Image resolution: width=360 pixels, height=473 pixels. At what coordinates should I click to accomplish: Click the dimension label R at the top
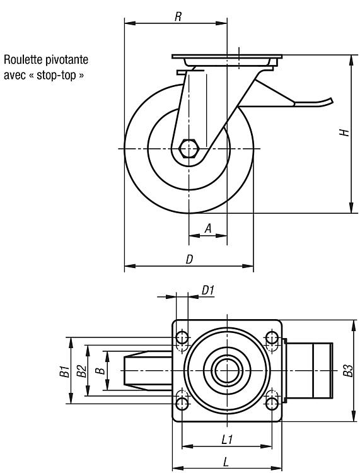pos(178,17)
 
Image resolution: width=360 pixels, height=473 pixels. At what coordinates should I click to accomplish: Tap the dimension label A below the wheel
pos(208,229)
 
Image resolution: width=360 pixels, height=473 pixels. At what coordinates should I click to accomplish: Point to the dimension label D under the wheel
pos(189,259)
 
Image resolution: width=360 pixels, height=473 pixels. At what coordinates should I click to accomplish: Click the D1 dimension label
pos(207,291)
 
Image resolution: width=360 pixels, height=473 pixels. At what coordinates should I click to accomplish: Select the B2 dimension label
pos(81,371)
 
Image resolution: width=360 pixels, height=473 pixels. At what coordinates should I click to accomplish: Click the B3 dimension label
pos(348,371)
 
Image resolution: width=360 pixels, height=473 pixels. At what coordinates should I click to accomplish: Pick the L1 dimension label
pos(227,440)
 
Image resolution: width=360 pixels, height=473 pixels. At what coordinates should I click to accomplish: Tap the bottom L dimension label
pos(226,461)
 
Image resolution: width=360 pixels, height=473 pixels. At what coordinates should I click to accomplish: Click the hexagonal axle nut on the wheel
pos(188,149)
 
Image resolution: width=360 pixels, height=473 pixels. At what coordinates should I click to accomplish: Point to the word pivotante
pos(67,60)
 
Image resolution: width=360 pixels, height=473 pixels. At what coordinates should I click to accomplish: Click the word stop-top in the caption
pos(56,76)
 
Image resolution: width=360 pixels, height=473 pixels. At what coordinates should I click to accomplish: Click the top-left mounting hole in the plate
pos(182,337)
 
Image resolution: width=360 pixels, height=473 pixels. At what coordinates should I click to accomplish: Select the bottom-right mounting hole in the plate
pos(272,404)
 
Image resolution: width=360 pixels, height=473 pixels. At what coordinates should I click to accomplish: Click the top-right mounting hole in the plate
pos(272,337)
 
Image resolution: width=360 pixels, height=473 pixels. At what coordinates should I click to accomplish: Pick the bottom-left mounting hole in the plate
pos(182,404)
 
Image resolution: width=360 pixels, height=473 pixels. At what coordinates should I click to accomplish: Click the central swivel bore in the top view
pos(227,370)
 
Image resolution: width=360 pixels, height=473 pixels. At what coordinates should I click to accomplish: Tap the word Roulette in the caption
pos(23,60)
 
